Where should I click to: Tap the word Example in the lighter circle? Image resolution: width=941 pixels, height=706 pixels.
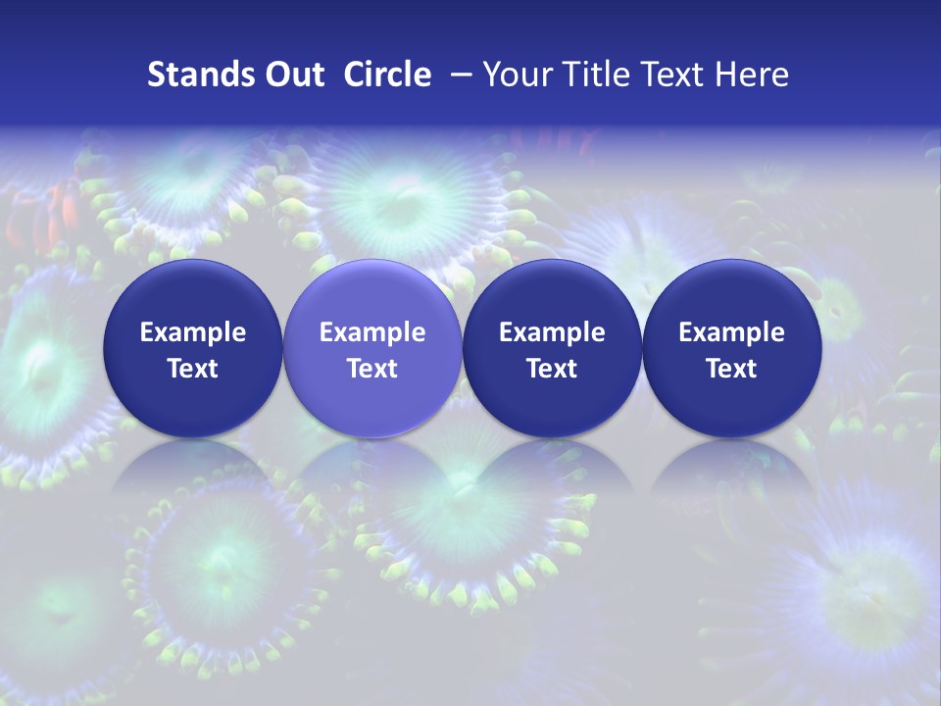coord(372,332)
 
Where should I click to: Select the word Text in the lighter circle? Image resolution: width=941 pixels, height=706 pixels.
coord(372,369)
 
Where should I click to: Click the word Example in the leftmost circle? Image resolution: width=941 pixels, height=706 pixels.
coord(193,332)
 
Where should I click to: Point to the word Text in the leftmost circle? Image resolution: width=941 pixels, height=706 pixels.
coord(193,369)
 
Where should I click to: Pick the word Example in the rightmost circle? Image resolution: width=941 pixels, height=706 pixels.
coord(731,332)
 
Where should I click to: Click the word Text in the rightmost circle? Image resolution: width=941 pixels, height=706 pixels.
coord(731,369)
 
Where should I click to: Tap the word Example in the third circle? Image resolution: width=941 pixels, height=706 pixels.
coord(552,332)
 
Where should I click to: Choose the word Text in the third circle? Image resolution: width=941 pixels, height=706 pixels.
coord(552,369)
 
